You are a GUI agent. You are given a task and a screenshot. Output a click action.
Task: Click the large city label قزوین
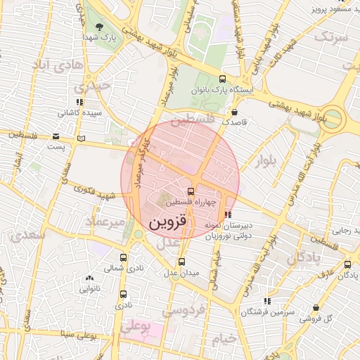tap(169, 223)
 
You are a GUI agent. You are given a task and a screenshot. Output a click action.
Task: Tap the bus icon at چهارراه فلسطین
tap(191, 191)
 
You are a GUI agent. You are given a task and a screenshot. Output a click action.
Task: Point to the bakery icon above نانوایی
tap(89, 278)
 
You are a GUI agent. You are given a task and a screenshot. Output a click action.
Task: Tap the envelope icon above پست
tap(56, 136)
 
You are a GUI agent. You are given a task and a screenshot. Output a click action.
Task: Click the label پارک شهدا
tap(98, 36)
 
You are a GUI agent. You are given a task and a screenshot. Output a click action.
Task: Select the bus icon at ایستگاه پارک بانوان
tap(223, 79)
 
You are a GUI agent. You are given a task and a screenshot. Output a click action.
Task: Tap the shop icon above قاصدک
tap(234, 111)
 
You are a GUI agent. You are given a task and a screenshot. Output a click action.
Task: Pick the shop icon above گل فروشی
tap(316, 308)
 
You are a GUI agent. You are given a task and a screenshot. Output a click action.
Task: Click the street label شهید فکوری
tap(97, 191)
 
